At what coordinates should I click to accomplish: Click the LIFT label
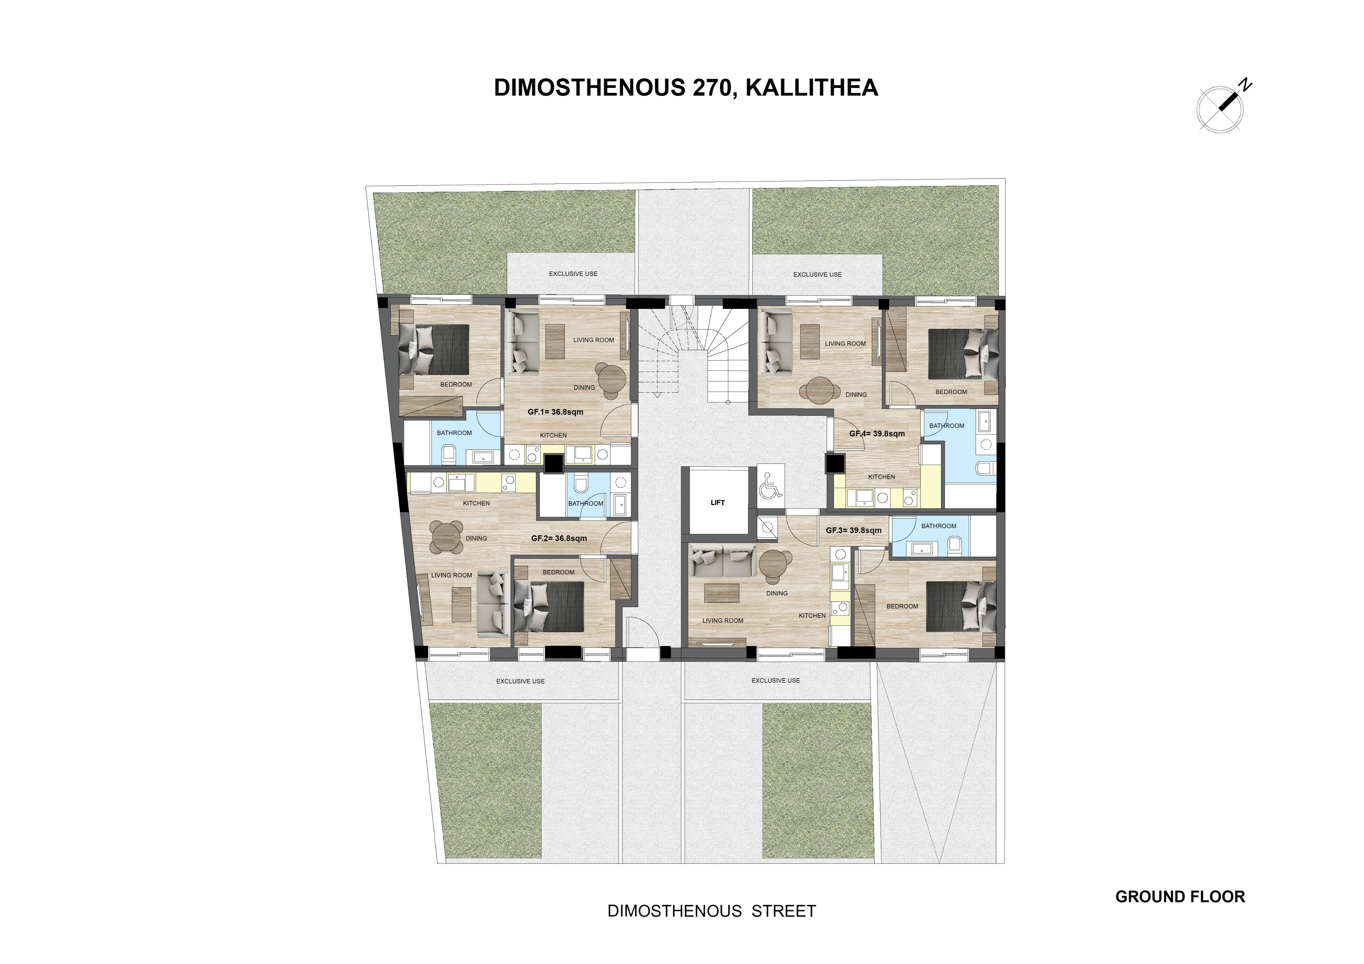718,502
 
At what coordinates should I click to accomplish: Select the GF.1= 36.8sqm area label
555,412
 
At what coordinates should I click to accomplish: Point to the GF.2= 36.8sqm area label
559,538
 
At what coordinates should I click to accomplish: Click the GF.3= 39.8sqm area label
854,530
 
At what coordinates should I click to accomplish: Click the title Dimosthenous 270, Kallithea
686,87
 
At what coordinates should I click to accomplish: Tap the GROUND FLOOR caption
1180,896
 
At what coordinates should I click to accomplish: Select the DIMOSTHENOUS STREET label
712,911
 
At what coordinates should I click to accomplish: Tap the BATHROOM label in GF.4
947,426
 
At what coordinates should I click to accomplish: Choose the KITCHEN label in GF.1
553,435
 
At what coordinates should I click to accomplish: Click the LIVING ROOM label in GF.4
845,343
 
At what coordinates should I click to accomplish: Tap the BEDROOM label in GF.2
558,572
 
